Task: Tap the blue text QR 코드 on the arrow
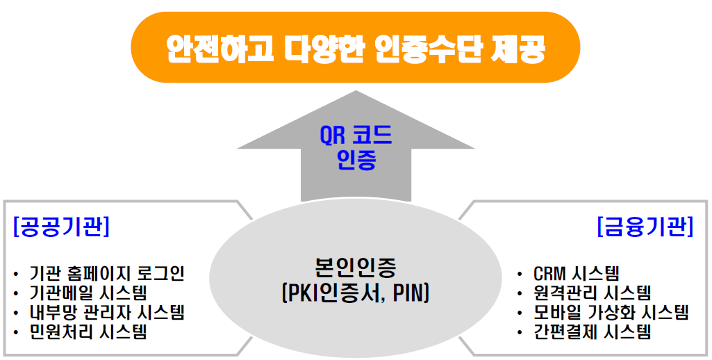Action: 356,136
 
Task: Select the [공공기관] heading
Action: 62,227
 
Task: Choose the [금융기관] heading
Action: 645,227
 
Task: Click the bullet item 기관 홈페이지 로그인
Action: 107,274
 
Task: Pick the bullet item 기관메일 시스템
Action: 88,293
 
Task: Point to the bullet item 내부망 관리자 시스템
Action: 107,312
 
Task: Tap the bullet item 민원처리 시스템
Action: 88,332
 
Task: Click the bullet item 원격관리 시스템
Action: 593,293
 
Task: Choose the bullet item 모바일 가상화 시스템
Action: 611,312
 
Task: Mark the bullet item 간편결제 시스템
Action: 593,332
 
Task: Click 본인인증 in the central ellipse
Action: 356,268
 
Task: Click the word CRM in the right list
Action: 549,274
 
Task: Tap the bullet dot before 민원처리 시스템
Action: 17,332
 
